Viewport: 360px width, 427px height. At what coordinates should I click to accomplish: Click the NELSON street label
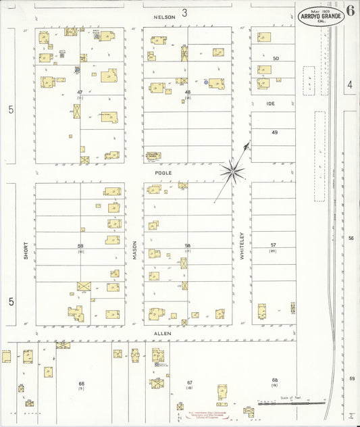tap(164, 16)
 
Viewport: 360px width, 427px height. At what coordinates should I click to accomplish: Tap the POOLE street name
tap(164, 173)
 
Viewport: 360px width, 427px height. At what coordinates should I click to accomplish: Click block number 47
tap(80, 92)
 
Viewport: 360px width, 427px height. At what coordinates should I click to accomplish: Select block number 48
tap(188, 92)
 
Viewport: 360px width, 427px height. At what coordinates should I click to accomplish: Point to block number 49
tap(275, 132)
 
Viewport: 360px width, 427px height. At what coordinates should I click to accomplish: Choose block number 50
tap(276, 59)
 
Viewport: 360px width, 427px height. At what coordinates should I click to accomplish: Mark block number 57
tap(274, 245)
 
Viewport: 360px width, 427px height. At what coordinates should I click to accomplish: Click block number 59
tap(80, 245)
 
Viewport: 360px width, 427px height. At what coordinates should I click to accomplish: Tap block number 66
tap(81, 383)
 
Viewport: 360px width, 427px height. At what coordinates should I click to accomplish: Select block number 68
tap(275, 380)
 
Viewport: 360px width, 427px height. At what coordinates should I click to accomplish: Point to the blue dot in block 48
tap(206, 82)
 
